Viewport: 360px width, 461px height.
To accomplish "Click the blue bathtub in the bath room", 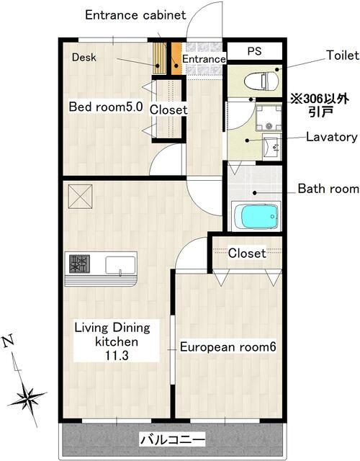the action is tap(260, 216).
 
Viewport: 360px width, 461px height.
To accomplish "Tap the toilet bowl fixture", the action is tap(261, 81).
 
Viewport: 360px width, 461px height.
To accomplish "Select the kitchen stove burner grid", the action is tap(79, 264).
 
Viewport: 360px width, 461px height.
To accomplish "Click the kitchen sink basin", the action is tap(120, 265).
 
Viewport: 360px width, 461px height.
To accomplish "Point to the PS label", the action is tap(254, 51).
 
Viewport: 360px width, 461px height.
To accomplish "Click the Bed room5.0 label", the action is tap(106, 107).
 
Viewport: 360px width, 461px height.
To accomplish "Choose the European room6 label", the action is tap(228, 347).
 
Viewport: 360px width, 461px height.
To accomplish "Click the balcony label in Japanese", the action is tap(172, 440).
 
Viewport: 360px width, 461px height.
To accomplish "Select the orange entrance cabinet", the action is tap(176, 59).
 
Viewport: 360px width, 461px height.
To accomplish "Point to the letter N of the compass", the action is tap(9, 341).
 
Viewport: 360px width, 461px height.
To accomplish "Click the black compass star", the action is tap(27, 398).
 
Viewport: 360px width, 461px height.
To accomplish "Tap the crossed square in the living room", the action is tap(80, 197).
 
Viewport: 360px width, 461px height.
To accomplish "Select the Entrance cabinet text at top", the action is tap(135, 15).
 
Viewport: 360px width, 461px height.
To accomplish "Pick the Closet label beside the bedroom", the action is tap(168, 110).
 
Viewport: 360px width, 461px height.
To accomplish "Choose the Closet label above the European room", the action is tap(247, 253).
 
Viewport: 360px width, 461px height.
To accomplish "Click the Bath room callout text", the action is tap(328, 189).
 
